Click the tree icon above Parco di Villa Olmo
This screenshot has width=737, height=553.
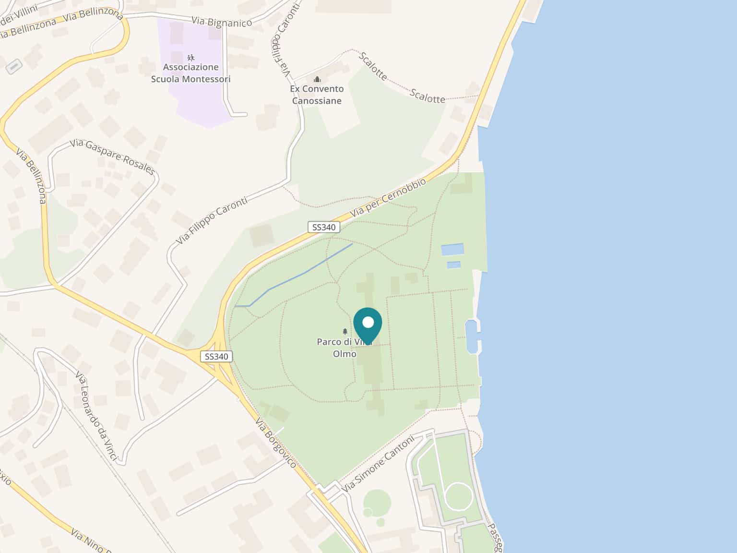[x=345, y=331]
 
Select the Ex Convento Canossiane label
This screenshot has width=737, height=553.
[x=317, y=95]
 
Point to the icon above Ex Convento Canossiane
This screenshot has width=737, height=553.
[x=317, y=79]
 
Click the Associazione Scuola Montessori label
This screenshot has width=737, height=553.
[x=190, y=73]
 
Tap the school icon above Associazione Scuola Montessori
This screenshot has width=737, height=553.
[x=191, y=58]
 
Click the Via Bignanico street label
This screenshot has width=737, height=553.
[x=221, y=22]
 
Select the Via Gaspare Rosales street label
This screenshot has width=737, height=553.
[x=113, y=156]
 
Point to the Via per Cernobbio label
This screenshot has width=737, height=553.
[x=388, y=197]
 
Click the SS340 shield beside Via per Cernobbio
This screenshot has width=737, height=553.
[x=324, y=227]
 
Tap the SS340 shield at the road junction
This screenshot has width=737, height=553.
[x=216, y=356]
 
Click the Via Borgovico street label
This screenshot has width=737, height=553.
[x=276, y=443]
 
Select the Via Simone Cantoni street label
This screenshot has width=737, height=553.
[x=378, y=463]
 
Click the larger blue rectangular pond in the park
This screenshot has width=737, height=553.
[x=452, y=250]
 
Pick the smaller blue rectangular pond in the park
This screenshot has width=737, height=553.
[x=454, y=264]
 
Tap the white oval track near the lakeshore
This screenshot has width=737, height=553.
[x=459, y=495]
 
